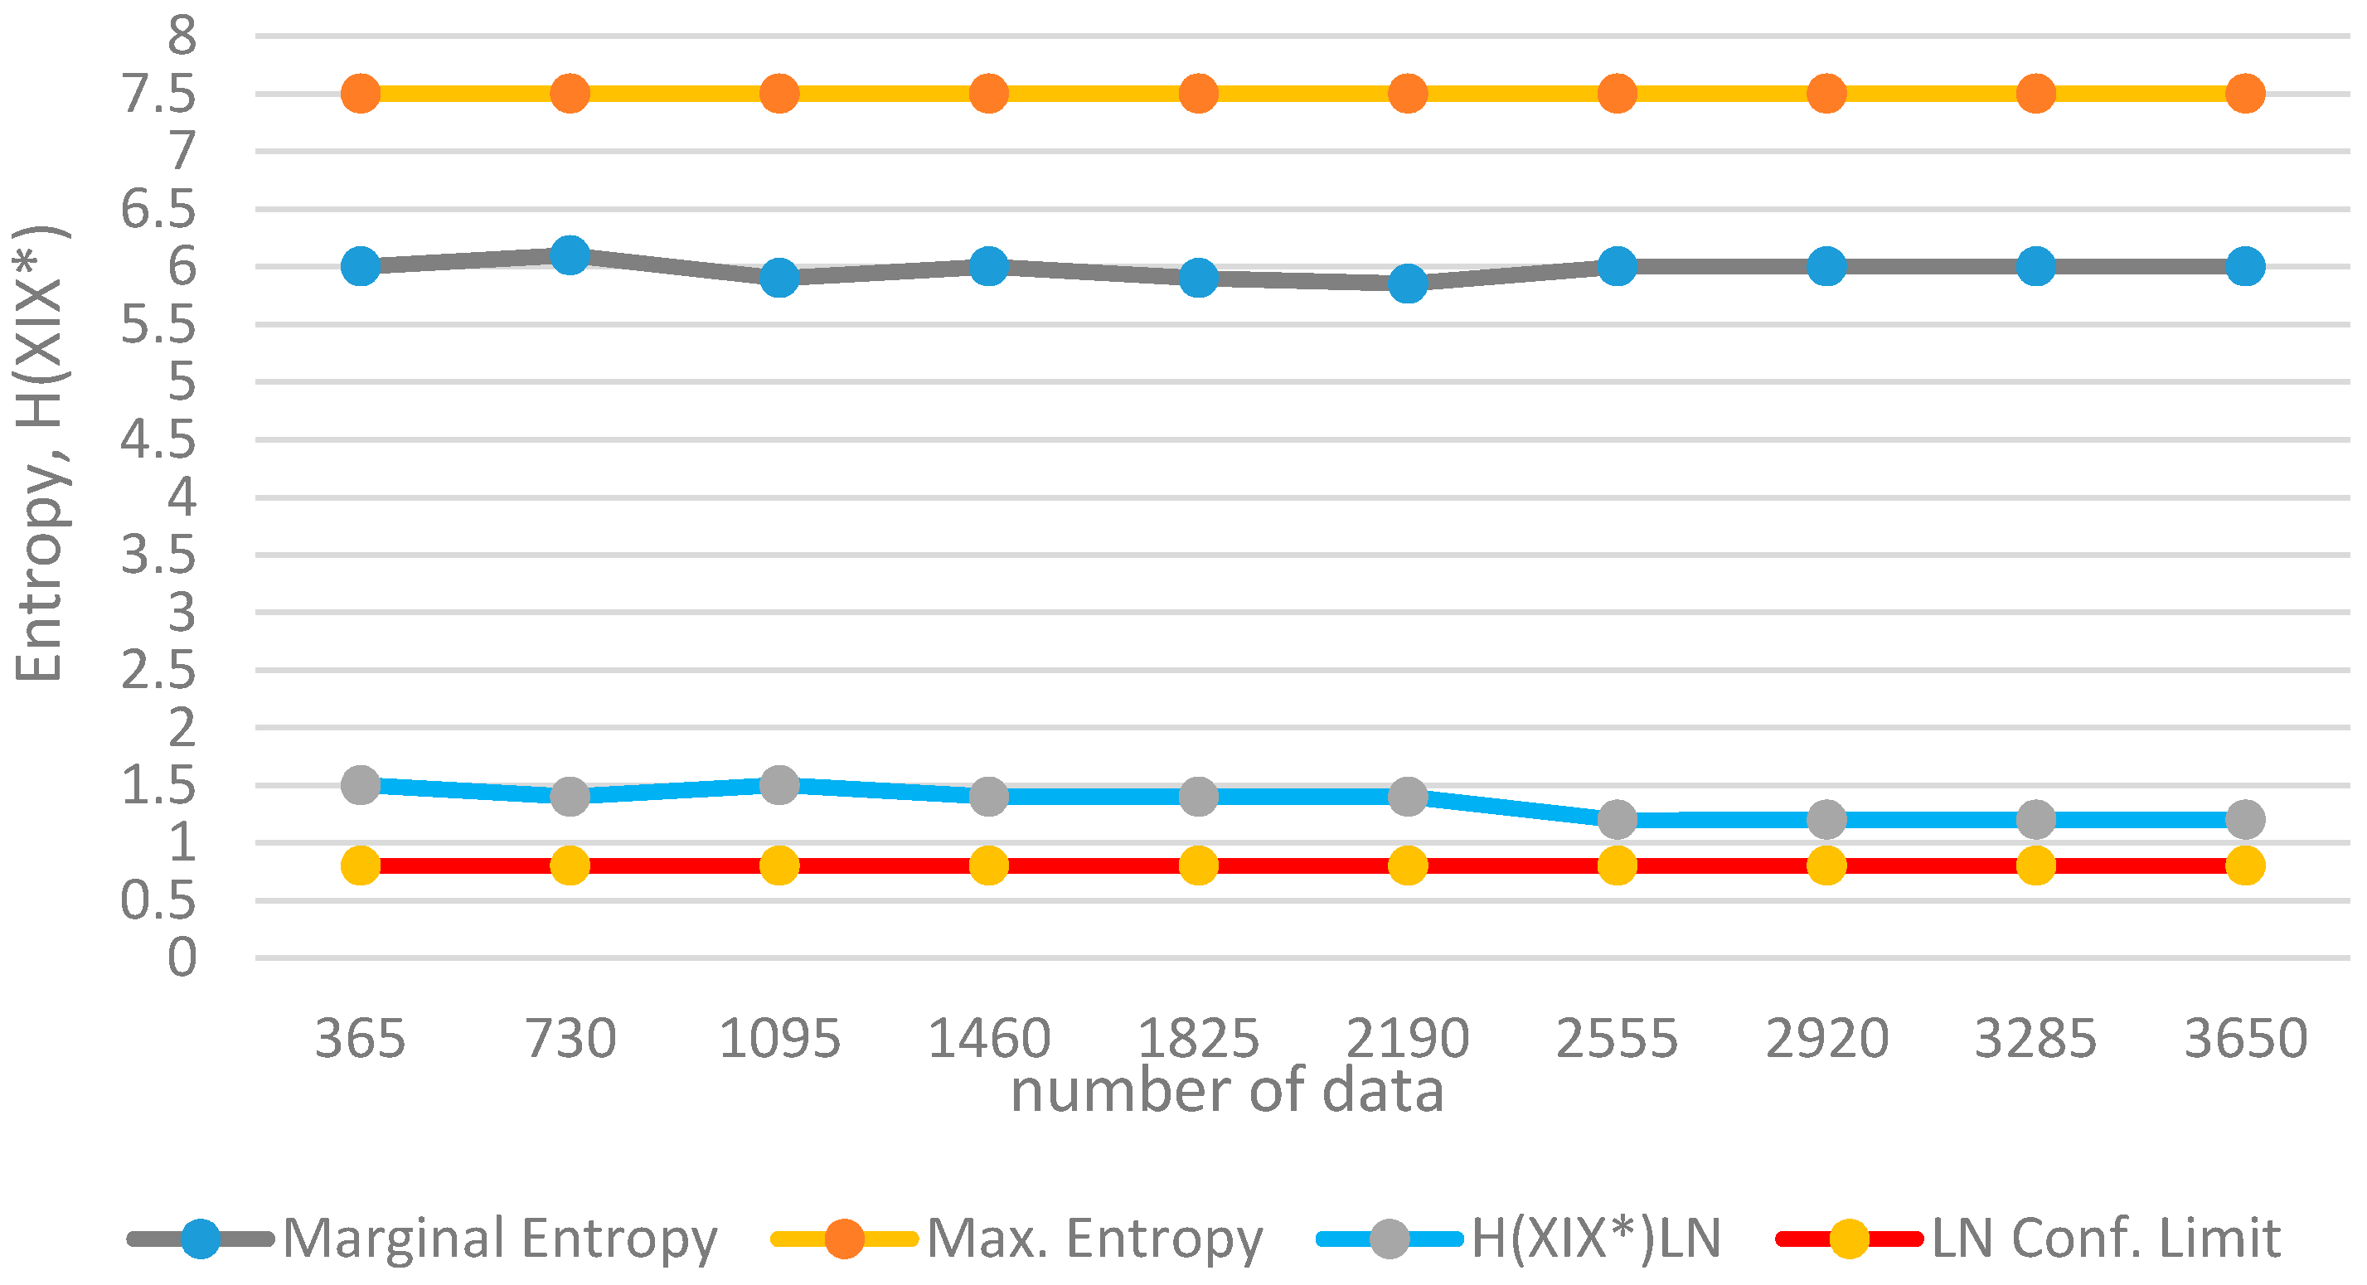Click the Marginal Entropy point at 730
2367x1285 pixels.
(570, 255)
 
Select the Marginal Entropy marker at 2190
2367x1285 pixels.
(1408, 283)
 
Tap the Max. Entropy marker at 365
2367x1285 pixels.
(360, 93)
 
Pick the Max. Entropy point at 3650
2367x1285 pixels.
(2245, 93)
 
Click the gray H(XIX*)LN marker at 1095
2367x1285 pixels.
(779, 784)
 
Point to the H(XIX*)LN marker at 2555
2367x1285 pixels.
(1618, 818)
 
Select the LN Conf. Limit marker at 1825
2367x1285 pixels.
(1198, 866)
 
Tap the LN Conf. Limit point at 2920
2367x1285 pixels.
(1826, 866)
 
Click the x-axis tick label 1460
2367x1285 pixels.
(989, 1039)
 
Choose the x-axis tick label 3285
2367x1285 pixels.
(2035, 1039)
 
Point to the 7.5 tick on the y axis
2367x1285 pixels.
(159, 94)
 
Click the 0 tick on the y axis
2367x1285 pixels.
(182, 958)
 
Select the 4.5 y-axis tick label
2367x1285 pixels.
(159, 440)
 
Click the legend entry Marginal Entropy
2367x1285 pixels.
(499, 1238)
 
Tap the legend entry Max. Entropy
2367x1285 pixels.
(1094, 1238)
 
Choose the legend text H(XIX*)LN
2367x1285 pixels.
(1596, 1238)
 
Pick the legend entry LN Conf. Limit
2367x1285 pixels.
(2105, 1238)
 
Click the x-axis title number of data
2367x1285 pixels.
(1227, 1090)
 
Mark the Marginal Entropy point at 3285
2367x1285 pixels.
(2035, 266)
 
